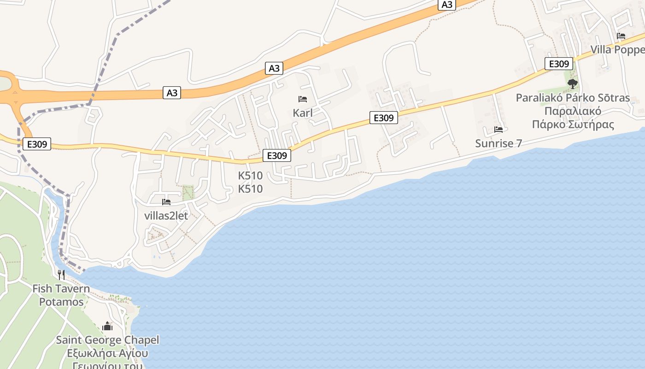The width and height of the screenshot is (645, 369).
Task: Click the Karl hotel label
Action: [x=303, y=113]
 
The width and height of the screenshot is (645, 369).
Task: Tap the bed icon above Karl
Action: [x=303, y=99]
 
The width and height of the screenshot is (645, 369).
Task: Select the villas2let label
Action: [x=166, y=215]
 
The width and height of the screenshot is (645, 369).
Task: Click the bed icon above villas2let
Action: [x=166, y=202]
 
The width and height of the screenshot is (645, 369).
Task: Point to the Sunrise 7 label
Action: [x=498, y=143]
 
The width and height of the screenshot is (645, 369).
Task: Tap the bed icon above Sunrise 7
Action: [x=498, y=130]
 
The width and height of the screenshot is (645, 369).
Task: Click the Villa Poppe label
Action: [x=617, y=49]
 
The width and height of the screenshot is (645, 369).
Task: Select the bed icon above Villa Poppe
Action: [x=621, y=36]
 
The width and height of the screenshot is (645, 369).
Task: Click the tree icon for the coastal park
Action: [x=572, y=84]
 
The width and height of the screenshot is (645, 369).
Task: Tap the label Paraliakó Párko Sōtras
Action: [x=573, y=98]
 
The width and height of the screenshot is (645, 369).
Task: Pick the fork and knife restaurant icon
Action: [x=61, y=275]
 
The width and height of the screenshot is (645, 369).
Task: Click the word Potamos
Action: [x=61, y=302]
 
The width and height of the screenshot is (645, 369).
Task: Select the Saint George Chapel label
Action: [x=107, y=340]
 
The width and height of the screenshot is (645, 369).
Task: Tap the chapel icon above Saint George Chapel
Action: [x=107, y=327]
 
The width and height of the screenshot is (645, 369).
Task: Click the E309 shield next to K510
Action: [x=277, y=155]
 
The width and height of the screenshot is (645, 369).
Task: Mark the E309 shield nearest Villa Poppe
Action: [x=558, y=64]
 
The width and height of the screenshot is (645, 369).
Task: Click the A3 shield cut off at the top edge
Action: [x=446, y=5]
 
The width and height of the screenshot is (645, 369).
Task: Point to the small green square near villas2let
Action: [x=188, y=192]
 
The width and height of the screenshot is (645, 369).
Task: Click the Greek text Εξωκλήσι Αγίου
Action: [x=107, y=354]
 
